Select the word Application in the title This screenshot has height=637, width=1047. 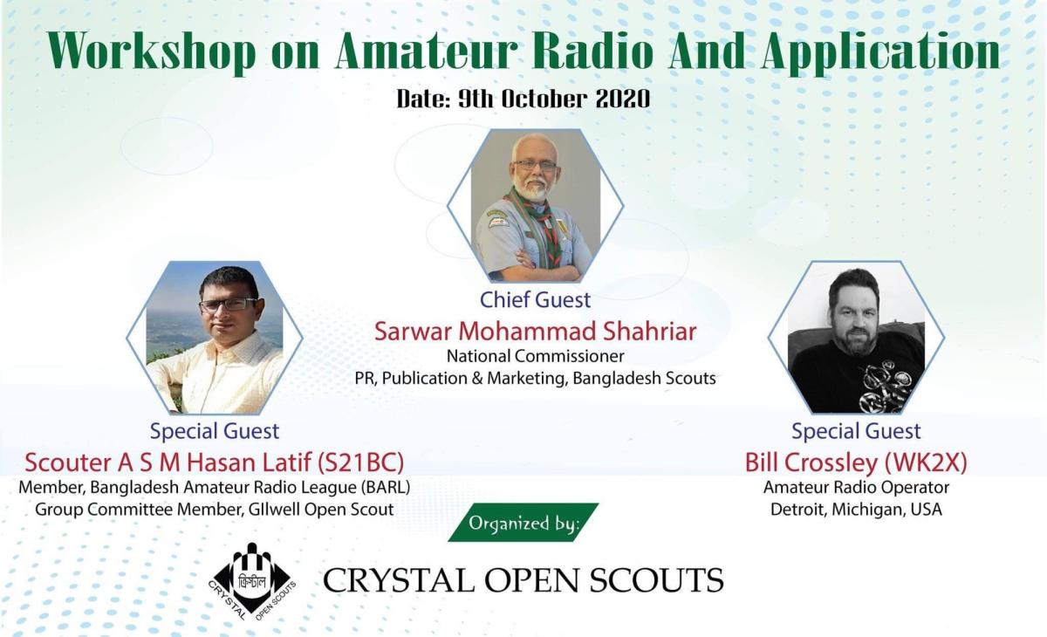pos(880,53)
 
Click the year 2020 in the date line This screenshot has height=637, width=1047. pos(622,99)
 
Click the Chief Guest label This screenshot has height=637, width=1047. pos(535,300)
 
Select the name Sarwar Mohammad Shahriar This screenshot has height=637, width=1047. pos(535,332)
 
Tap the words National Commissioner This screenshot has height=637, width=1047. pos(535,356)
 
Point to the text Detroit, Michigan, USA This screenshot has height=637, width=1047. pos(856,510)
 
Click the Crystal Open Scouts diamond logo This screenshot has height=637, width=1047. pos(252,579)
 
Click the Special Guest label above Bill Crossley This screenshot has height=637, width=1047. pos(856,431)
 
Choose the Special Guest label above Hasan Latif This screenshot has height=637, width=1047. pos(215,431)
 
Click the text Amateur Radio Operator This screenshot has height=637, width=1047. pos(856,487)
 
